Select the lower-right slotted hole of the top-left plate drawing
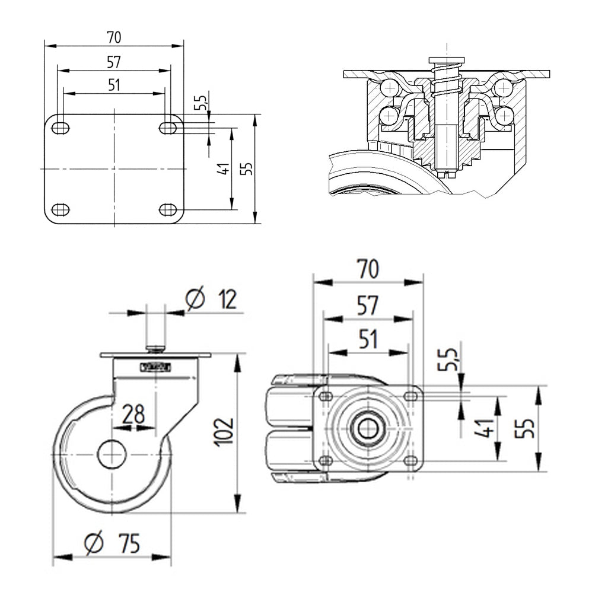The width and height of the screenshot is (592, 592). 168,209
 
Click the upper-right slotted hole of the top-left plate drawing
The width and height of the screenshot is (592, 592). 168,128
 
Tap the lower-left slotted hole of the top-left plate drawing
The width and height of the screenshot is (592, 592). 61,209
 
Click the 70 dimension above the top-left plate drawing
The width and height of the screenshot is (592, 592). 114,37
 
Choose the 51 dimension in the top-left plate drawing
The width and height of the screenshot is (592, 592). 114,85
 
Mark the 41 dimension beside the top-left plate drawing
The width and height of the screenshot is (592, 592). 223,169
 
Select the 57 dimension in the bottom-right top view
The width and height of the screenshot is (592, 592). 368,306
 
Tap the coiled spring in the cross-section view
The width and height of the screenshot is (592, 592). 444,84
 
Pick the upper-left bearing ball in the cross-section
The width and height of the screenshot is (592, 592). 390,88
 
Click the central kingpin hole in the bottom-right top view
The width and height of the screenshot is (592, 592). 367,428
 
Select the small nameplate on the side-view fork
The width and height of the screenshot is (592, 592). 155,367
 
